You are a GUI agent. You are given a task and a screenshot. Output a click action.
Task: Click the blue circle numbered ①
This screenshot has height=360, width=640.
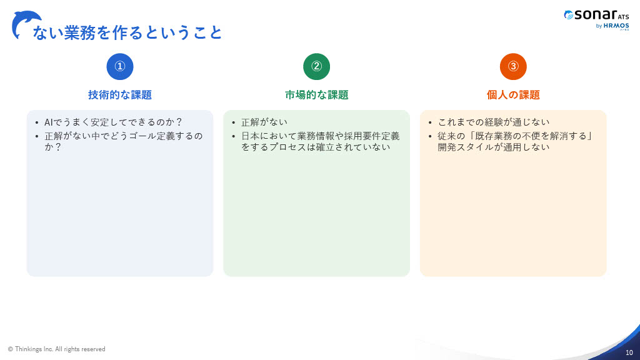119,66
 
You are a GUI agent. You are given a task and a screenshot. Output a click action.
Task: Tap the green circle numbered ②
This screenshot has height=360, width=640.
316,66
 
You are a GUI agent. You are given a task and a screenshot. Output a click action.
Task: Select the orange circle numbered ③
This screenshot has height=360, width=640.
513,66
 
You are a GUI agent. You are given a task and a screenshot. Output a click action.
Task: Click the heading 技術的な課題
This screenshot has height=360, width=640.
120,95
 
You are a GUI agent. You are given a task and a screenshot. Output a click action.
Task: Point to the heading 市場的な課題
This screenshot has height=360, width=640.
317,95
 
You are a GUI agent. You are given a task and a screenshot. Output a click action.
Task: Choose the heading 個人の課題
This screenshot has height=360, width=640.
513,95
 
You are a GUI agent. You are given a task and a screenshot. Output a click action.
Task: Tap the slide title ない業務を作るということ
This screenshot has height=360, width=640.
127,32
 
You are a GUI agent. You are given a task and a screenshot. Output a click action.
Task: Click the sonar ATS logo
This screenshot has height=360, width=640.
596,15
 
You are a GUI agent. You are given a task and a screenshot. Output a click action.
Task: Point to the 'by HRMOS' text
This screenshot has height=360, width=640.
612,26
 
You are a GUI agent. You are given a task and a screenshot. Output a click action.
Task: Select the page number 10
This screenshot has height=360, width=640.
629,352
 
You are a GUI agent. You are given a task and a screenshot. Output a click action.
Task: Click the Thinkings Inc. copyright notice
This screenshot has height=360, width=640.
56,349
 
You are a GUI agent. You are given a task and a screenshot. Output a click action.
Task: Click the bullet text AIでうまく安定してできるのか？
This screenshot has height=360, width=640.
113,122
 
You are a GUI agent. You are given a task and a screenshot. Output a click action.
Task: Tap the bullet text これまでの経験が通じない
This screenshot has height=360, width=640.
494,122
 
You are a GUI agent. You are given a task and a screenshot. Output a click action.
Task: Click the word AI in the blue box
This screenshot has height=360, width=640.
49,122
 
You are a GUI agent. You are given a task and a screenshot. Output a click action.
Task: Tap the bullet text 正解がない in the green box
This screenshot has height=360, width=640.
264,122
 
